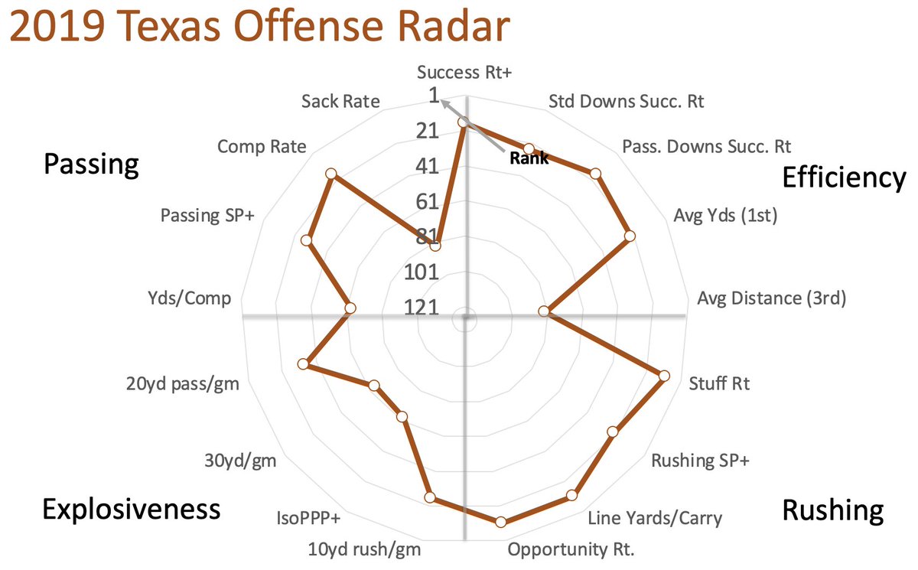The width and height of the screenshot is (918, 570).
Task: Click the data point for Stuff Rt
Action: pyautogui.click(x=663, y=376)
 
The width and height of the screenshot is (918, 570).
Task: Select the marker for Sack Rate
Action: pyautogui.click(x=435, y=246)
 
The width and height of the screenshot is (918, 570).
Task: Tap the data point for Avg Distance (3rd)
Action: pyautogui.click(x=544, y=311)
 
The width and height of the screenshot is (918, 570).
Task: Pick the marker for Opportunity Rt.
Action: pyautogui.click(x=501, y=523)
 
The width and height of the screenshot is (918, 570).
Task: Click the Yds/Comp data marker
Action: pyautogui.click(x=350, y=308)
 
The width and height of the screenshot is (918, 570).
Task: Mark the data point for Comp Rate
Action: pyautogui.click(x=331, y=174)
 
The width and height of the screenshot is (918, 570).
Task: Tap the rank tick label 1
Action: pyautogui.click(x=435, y=96)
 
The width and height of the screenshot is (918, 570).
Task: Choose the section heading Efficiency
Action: pyautogui.click(x=843, y=178)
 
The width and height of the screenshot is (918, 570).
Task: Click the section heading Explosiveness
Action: pyautogui.click(x=132, y=509)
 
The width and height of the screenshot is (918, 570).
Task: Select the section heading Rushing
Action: pyautogui.click(x=833, y=510)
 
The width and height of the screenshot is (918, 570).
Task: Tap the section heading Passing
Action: pyautogui.click(x=91, y=164)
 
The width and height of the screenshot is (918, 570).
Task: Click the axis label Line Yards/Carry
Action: pyautogui.click(x=654, y=518)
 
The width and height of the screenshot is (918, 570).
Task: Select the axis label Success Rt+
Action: pyautogui.click(x=466, y=73)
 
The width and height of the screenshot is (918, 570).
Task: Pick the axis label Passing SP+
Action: pyautogui.click(x=207, y=216)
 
